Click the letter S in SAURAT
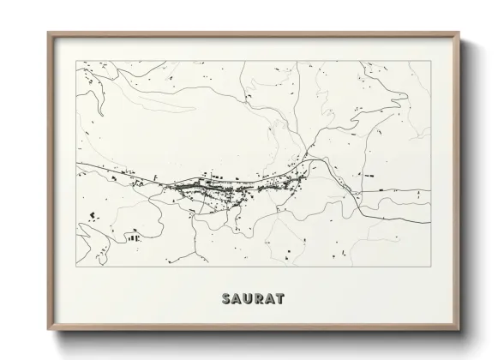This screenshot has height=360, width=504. coord(225,299)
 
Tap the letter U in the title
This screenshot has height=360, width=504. coord(246,299)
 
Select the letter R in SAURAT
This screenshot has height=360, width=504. coord(257,299)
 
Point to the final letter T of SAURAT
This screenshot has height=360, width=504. coord(280,299)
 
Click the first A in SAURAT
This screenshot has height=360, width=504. coord(235,299)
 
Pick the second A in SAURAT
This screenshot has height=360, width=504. coord(269,299)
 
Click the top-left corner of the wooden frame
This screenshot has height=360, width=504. coord(48,33)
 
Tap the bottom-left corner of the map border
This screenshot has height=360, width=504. coord(76,265)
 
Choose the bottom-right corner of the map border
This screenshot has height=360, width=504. coord(429,265)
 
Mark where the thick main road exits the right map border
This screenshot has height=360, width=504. coord(429,192)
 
